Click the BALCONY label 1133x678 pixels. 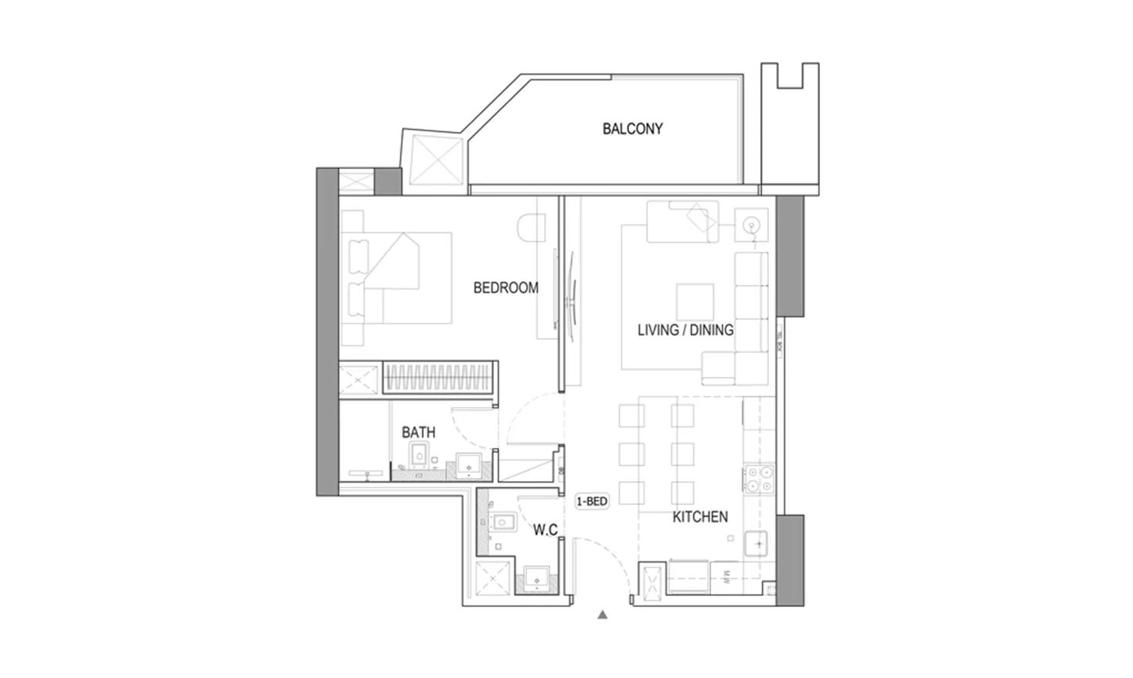pos(632,129)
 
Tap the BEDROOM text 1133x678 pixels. pos(505,288)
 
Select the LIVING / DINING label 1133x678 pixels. pos(685,331)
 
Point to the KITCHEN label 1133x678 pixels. pos(699,517)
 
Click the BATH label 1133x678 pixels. pos(418,432)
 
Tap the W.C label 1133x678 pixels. pos(545,530)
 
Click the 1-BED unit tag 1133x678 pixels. pos(592,501)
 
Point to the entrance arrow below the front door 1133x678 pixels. pos(603,615)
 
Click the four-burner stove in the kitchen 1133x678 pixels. pos(758,479)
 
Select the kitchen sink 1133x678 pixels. pos(758,544)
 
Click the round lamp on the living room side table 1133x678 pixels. pos(750,225)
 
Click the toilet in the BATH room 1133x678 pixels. pos(418,457)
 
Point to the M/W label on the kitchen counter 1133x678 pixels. pos(727,576)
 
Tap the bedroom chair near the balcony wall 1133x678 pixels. pos(532,229)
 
